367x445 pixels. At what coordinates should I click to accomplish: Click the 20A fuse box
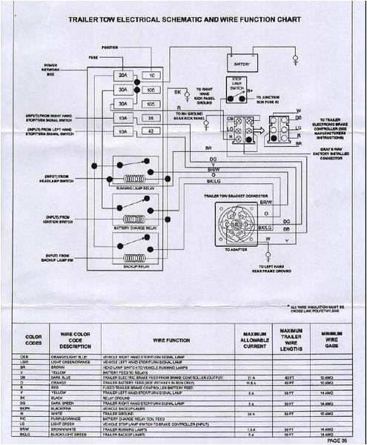point(122,76)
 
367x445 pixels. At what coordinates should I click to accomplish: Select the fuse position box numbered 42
point(151,131)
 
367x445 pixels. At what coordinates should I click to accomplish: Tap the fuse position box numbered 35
point(151,118)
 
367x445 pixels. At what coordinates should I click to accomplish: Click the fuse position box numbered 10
point(151,76)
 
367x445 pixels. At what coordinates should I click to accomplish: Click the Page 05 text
point(338,438)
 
